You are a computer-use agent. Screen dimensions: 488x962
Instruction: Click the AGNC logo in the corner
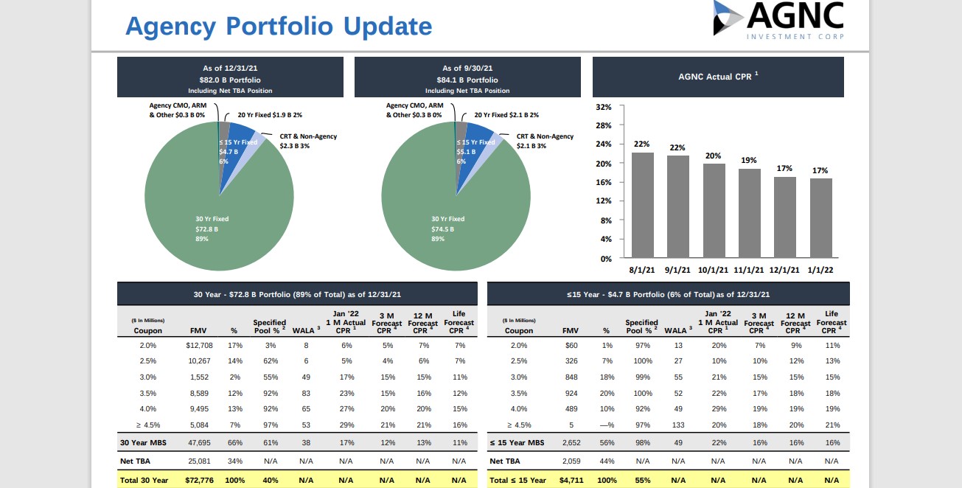[x=778, y=20]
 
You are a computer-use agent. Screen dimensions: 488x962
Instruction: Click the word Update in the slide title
[x=386, y=27]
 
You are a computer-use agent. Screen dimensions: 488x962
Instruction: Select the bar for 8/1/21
[x=643, y=204]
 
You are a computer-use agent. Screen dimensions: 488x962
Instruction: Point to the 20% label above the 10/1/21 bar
[x=714, y=156]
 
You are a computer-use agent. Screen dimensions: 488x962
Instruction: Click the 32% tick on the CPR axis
[x=604, y=107]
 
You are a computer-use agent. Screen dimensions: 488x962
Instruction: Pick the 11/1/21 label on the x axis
[x=750, y=271]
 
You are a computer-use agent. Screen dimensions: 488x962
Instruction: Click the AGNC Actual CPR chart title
[x=718, y=77]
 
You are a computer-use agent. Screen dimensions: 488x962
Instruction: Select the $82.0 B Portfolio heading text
[x=230, y=80]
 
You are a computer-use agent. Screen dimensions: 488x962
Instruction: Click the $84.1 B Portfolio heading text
[x=467, y=80]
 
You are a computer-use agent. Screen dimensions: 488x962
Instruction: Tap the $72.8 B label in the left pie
[x=207, y=229]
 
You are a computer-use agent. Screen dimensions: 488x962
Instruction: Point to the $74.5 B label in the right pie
[x=443, y=229]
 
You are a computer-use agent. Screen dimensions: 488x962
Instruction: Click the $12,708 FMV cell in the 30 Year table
[x=200, y=345]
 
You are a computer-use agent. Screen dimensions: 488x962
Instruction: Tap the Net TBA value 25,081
[x=199, y=461]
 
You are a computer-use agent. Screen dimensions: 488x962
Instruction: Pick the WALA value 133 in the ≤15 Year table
[x=678, y=425]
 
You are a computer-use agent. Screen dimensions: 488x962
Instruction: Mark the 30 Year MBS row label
[x=144, y=443]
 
